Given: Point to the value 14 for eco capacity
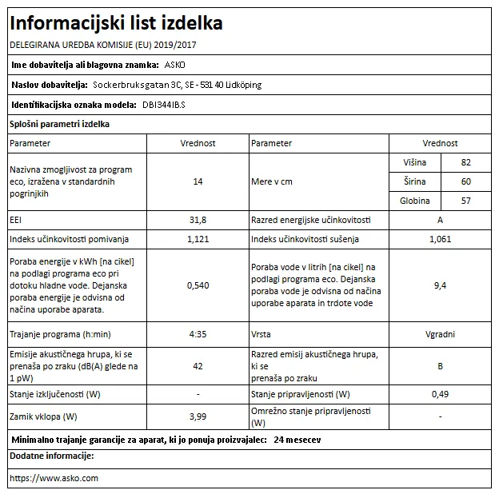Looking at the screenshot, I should click(198, 181).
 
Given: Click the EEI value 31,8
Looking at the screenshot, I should click(198, 219).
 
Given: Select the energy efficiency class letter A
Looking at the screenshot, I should click(440, 219).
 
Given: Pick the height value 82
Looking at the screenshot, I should click(466, 162).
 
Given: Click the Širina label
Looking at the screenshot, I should click(417, 181).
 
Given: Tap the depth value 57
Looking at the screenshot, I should click(466, 201).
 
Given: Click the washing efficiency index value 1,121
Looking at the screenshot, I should click(198, 239).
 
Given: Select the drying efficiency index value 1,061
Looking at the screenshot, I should click(440, 239).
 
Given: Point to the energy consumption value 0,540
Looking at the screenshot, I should click(198, 285).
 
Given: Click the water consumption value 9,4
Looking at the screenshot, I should click(440, 285).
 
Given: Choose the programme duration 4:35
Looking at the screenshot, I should click(198, 334).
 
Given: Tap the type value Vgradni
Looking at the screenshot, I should click(440, 334).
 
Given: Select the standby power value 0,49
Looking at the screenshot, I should click(440, 395).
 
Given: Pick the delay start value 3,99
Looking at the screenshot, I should click(198, 416).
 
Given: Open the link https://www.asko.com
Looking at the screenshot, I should click(54, 478).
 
